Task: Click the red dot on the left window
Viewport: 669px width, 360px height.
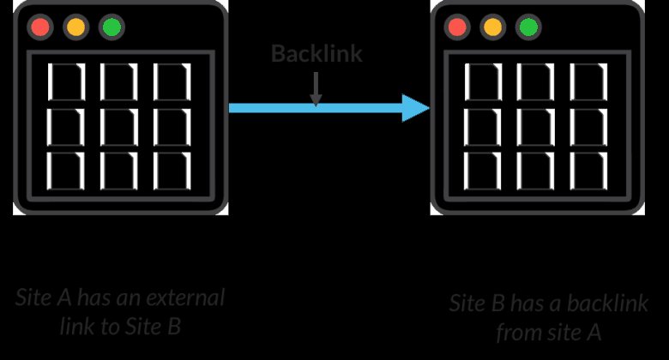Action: [x=39, y=27]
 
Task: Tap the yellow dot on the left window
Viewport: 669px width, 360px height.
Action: [x=75, y=27]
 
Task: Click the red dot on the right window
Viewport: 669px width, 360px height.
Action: [x=457, y=27]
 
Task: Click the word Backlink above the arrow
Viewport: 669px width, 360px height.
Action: [x=316, y=54]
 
